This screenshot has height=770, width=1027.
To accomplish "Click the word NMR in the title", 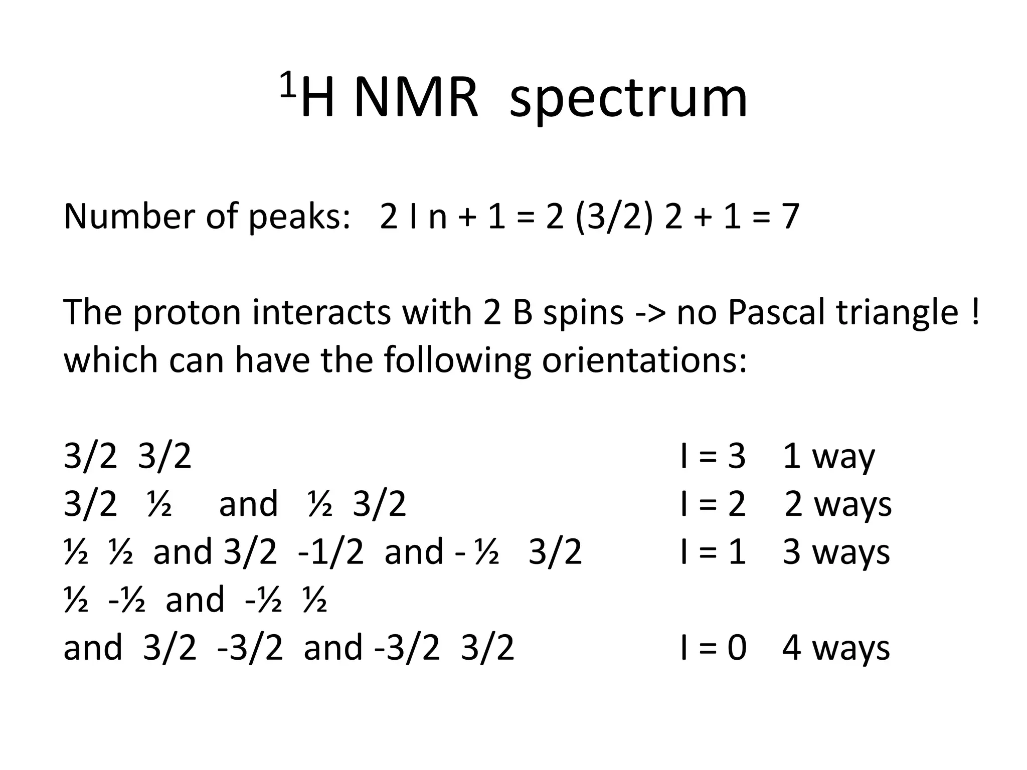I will pyautogui.click(x=416, y=97).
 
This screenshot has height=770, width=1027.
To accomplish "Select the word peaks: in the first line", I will pyautogui.click(x=299, y=217).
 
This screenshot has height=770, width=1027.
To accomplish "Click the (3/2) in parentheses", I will pyautogui.click(x=614, y=217).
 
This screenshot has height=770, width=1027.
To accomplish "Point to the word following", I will pyautogui.click(x=457, y=361).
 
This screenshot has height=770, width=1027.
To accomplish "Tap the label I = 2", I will pyautogui.click(x=713, y=504).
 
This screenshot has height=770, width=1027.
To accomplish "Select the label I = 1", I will pyautogui.click(x=713, y=551).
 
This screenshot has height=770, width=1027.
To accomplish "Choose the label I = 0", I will pyautogui.click(x=713, y=647).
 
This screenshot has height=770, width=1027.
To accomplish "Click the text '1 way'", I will pyautogui.click(x=828, y=457).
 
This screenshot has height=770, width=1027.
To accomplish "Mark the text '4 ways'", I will pyautogui.click(x=835, y=648).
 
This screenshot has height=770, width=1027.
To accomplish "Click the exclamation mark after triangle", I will pyautogui.click(x=974, y=312).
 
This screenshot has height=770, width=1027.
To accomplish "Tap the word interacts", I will pyautogui.click(x=321, y=312).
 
